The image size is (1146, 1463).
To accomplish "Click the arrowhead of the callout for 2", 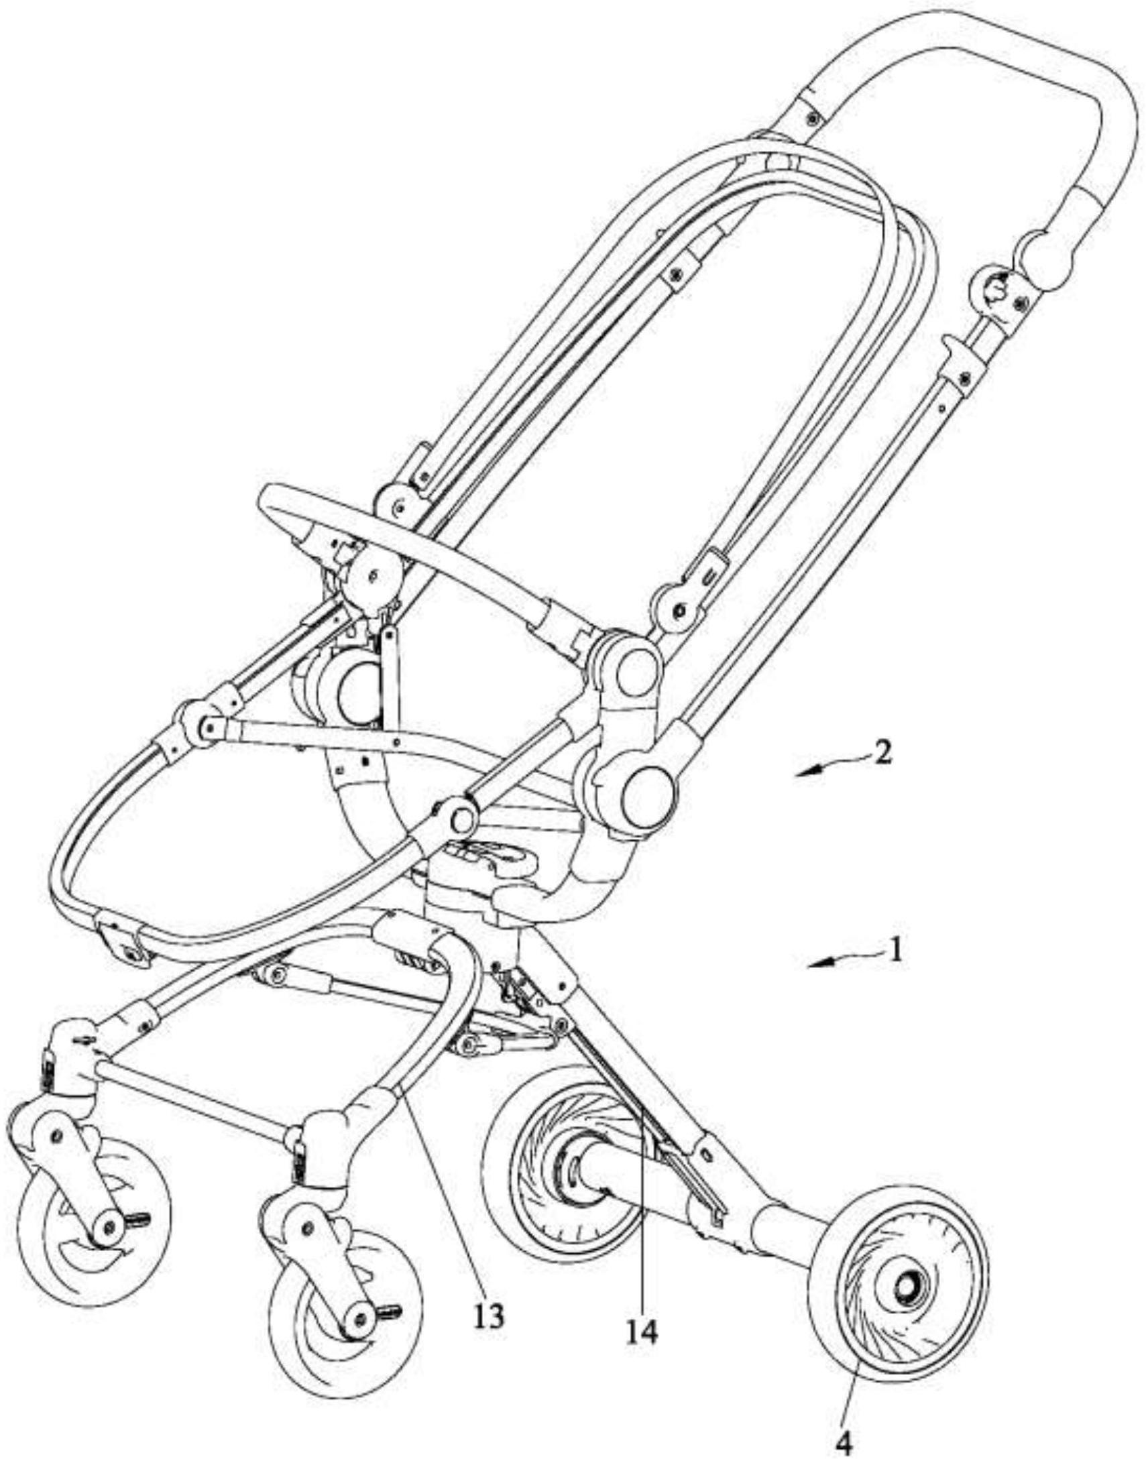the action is tap(804, 773).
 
